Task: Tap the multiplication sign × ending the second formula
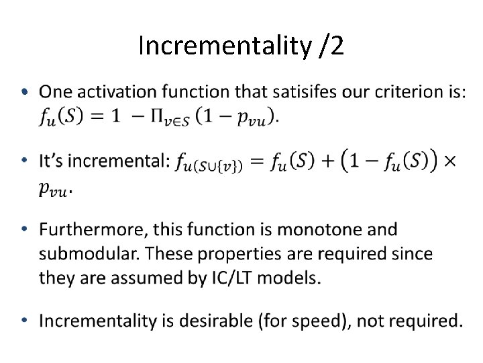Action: pyautogui.click(x=451, y=161)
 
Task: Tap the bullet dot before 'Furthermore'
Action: pyautogui.click(x=25, y=231)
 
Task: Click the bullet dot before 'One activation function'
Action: pyautogui.click(x=25, y=92)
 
